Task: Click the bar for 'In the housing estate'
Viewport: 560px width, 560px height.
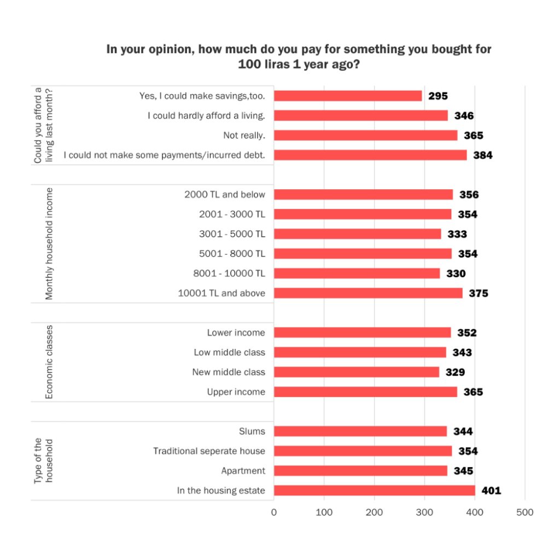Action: click(375, 491)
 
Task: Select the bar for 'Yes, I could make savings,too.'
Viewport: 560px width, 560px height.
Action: click(348, 96)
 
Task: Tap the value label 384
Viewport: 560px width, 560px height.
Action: click(483, 155)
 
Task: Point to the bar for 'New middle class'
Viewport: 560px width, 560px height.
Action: click(357, 372)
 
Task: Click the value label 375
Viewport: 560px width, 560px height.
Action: click(479, 294)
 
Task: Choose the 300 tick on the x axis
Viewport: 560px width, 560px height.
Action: click(424, 512)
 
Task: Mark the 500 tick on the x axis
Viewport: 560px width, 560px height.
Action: click(525, 512)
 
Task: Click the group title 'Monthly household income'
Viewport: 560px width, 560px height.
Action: click(49, 244)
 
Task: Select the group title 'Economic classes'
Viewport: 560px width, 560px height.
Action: click(49, 362)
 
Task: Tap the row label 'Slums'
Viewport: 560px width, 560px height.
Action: click(252, 431)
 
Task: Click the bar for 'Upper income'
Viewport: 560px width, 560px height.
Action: click(365, 392)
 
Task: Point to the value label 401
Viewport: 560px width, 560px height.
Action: click(491, 491)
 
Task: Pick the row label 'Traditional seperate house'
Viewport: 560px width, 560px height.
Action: click(209, 451)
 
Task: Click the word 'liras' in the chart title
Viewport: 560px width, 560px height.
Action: click(275, 63)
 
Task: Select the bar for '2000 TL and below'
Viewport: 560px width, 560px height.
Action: click(363, 194)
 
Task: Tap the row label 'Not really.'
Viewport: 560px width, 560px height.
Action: click(244, 135)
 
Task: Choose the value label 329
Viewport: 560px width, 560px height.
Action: click(455, 372)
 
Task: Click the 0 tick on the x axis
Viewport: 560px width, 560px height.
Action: click(274, 512)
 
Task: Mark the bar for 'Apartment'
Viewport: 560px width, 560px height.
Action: click(360, 470)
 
